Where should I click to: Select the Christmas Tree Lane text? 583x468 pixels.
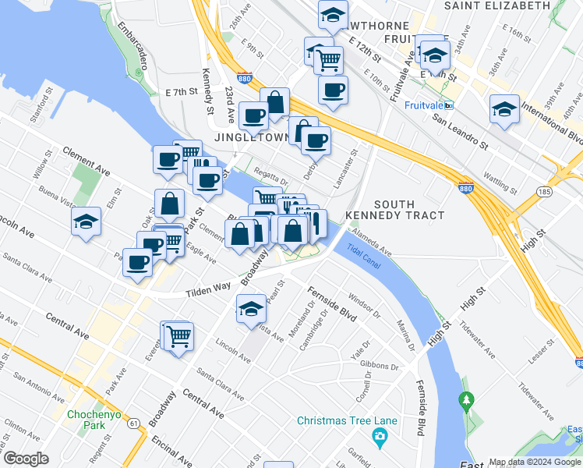pyautogui.click(x=347, y=421)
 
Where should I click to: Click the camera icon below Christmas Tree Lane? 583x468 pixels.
pyautogui.click(x=380, y=435)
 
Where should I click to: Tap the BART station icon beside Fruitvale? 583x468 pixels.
pyautogui.click(x=449, y=105)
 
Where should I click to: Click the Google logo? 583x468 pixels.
pyautogui.click(x=26, y=458)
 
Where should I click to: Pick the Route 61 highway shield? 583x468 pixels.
pyautogui.click(x=135, y=424)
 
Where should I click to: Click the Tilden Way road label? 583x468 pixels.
pyautogui.click(x=209, y=289)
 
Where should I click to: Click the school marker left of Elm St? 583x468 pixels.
pyautogui.click(x=86, y=221)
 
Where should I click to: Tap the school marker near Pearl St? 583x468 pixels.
pyautogui.click(x=251, y=309)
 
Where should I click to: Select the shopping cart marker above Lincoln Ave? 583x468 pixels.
pyautogui.click(x=178, y=336)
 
